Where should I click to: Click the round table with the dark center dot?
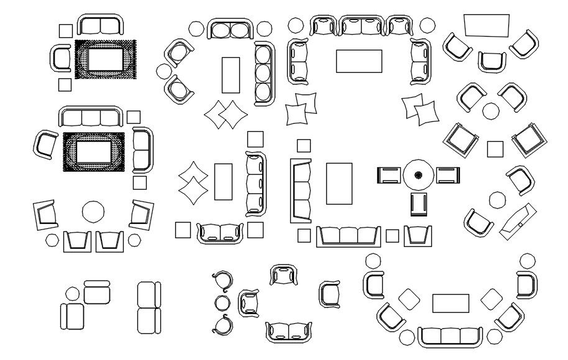[x=418, y=175]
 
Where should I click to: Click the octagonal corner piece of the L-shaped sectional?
[x=73, y=293]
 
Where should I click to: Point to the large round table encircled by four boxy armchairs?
[x=94, y=211]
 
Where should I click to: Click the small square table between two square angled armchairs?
[x=495, y=149]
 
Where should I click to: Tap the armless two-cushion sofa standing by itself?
[x=149, y=307]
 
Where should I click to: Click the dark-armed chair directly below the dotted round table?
[x=418, y=203]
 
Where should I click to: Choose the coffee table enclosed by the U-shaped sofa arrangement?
[x=359, y=61]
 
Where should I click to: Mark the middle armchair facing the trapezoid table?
[x=492, y=61]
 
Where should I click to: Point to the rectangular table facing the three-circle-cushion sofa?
[x=231, y=74]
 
